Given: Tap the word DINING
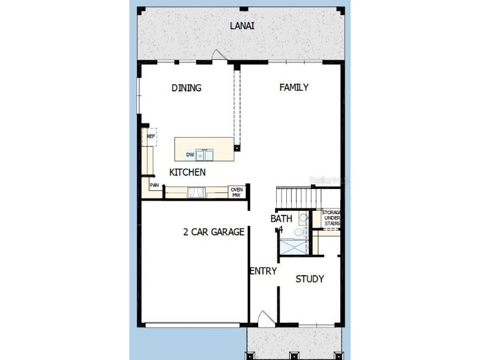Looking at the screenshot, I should click(x=186, y=88).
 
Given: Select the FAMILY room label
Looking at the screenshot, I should click(x=294, y=87).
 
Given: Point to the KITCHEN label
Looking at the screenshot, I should click(x=187, y=172).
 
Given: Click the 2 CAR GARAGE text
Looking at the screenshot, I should click(x=214, y=232).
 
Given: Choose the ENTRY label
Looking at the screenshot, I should click(x=263, y=271).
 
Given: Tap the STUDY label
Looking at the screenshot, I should click(x=309, y=279).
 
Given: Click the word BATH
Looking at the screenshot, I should click(x=280, y=219).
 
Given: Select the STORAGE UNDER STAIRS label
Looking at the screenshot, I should click(x=331, y=218).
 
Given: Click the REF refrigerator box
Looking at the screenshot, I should click(x=150, y=137).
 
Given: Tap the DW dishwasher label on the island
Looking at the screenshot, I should click(x=190, y=155).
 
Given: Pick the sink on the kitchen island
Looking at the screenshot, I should click(x=204, y=155).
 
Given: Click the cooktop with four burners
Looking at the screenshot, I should click(x=196, y=191).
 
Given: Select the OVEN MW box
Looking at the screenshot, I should click(x=236, y=192).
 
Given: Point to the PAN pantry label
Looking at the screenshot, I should click(x=155, y=186).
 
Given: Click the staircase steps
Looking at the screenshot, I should click(x=296, y=194).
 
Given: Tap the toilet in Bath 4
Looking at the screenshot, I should click(x=302, y=218).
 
